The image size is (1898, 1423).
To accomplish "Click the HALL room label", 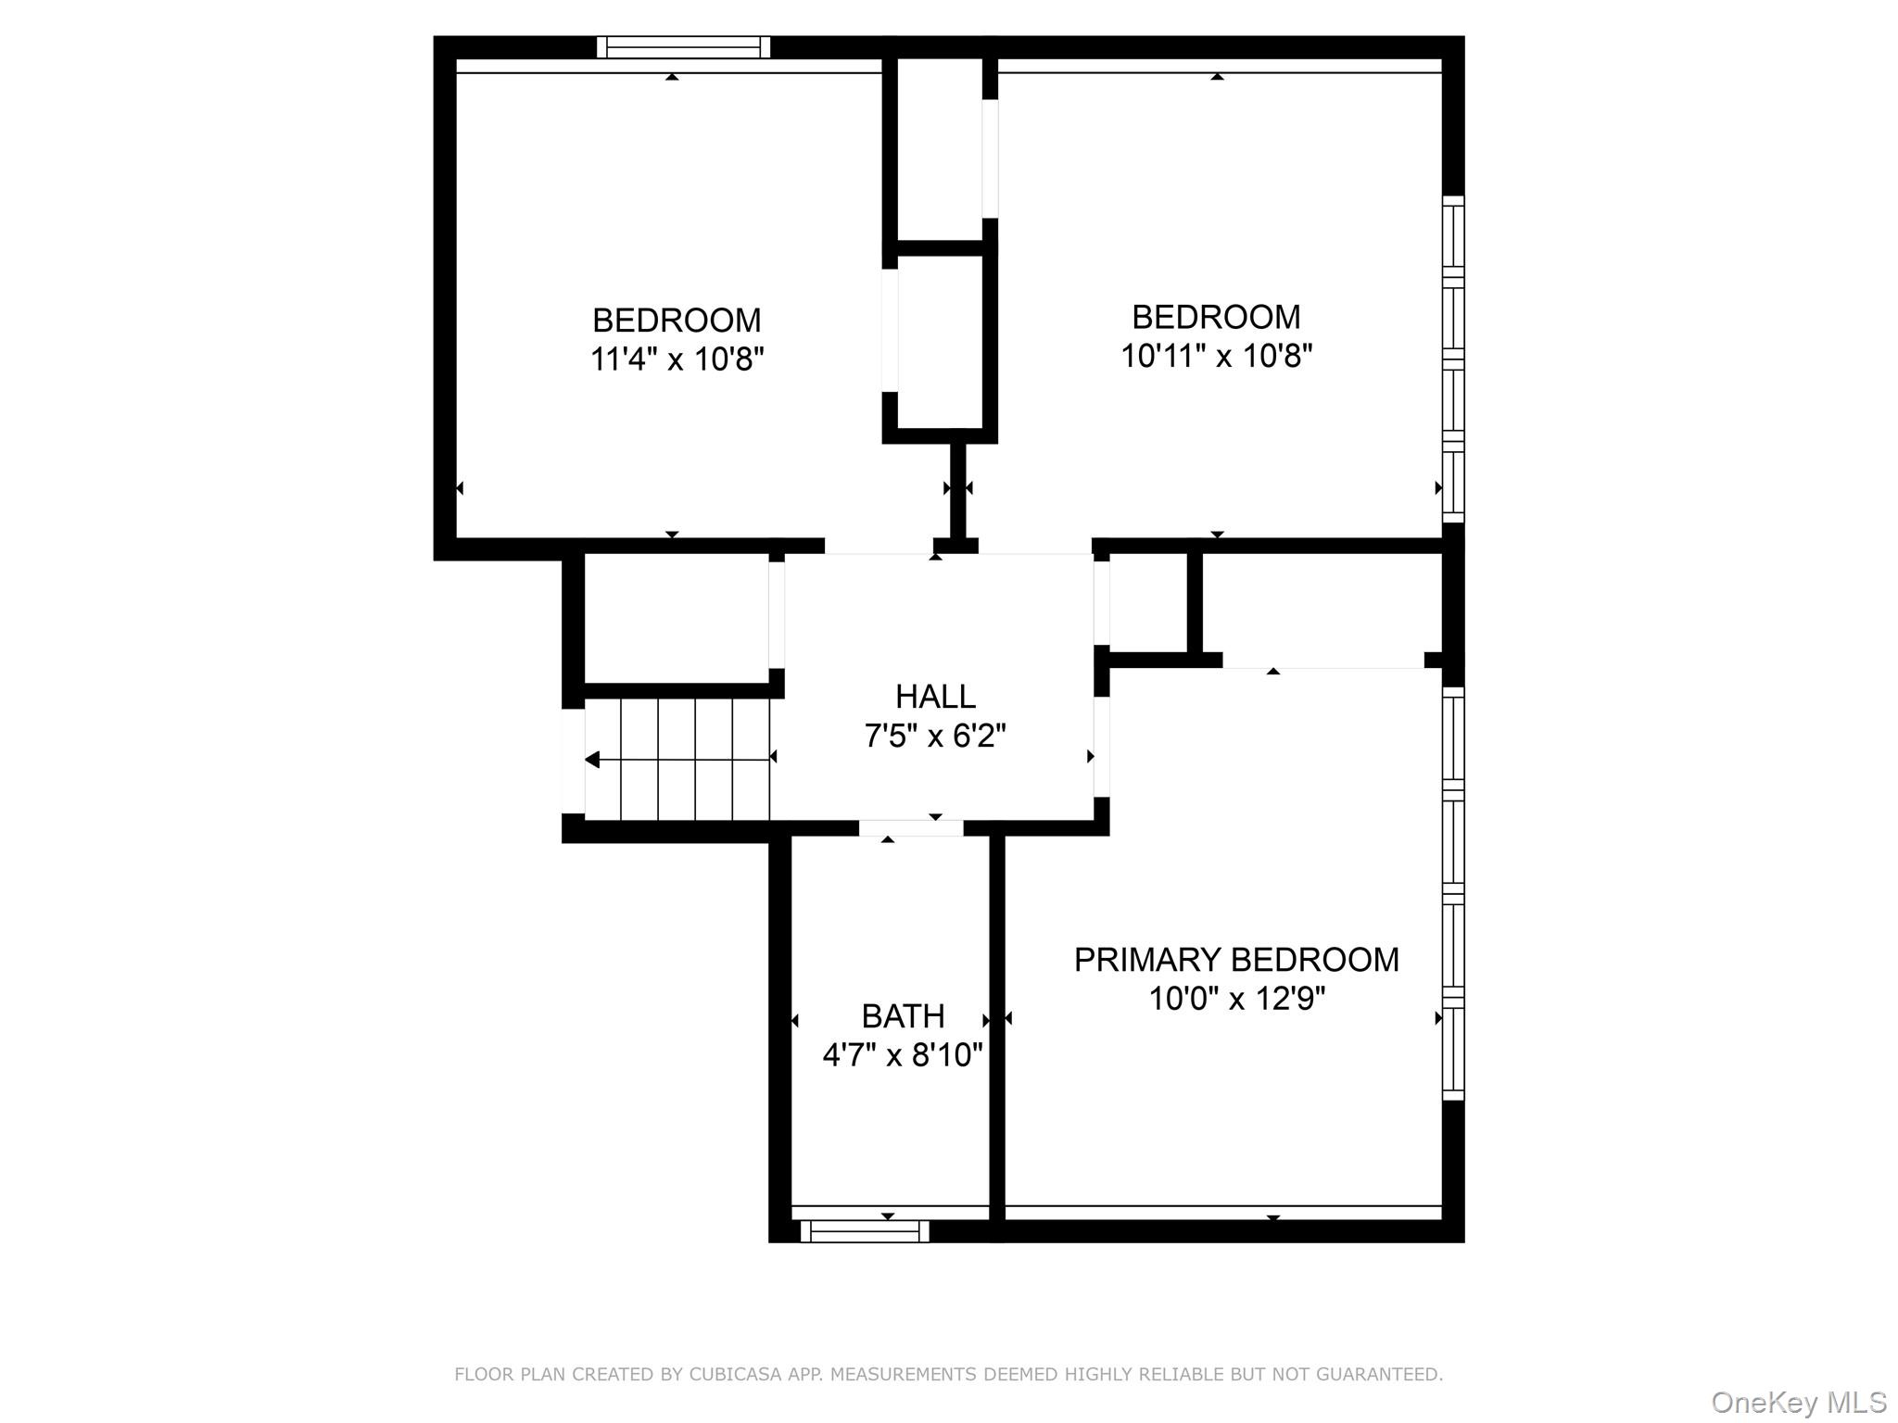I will (x=935, y=696).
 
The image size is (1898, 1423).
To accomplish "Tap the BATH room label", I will (x=903, y=1016).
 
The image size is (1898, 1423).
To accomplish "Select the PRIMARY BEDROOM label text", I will (x=1236, y=960).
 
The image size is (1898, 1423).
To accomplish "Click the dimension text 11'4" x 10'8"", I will (x=677, y=359).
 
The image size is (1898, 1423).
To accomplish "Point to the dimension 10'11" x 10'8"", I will (x=1216, y=356).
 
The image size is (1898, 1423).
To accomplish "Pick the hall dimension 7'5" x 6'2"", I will (x=935, y=736).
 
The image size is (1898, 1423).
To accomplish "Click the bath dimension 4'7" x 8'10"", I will (x=903, y=1054).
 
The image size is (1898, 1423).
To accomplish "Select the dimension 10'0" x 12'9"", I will (x=1236, y=999).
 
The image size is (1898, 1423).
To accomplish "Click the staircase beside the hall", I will (x=677, y=759).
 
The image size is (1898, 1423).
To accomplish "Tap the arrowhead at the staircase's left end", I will (x=592, y=760).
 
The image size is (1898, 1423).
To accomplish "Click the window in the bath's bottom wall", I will (x=864, y=1231).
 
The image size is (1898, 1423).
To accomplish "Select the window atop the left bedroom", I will (x=683, y=47).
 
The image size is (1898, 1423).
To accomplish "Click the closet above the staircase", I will (x=676, y=618).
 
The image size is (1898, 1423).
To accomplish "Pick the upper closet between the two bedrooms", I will (x=939, y=148).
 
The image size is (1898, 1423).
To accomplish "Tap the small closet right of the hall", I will (x=1147, y=603).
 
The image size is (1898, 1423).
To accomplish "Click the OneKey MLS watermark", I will (x=1798, y=1403).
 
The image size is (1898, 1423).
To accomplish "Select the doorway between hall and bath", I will (x=910, y=828).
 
